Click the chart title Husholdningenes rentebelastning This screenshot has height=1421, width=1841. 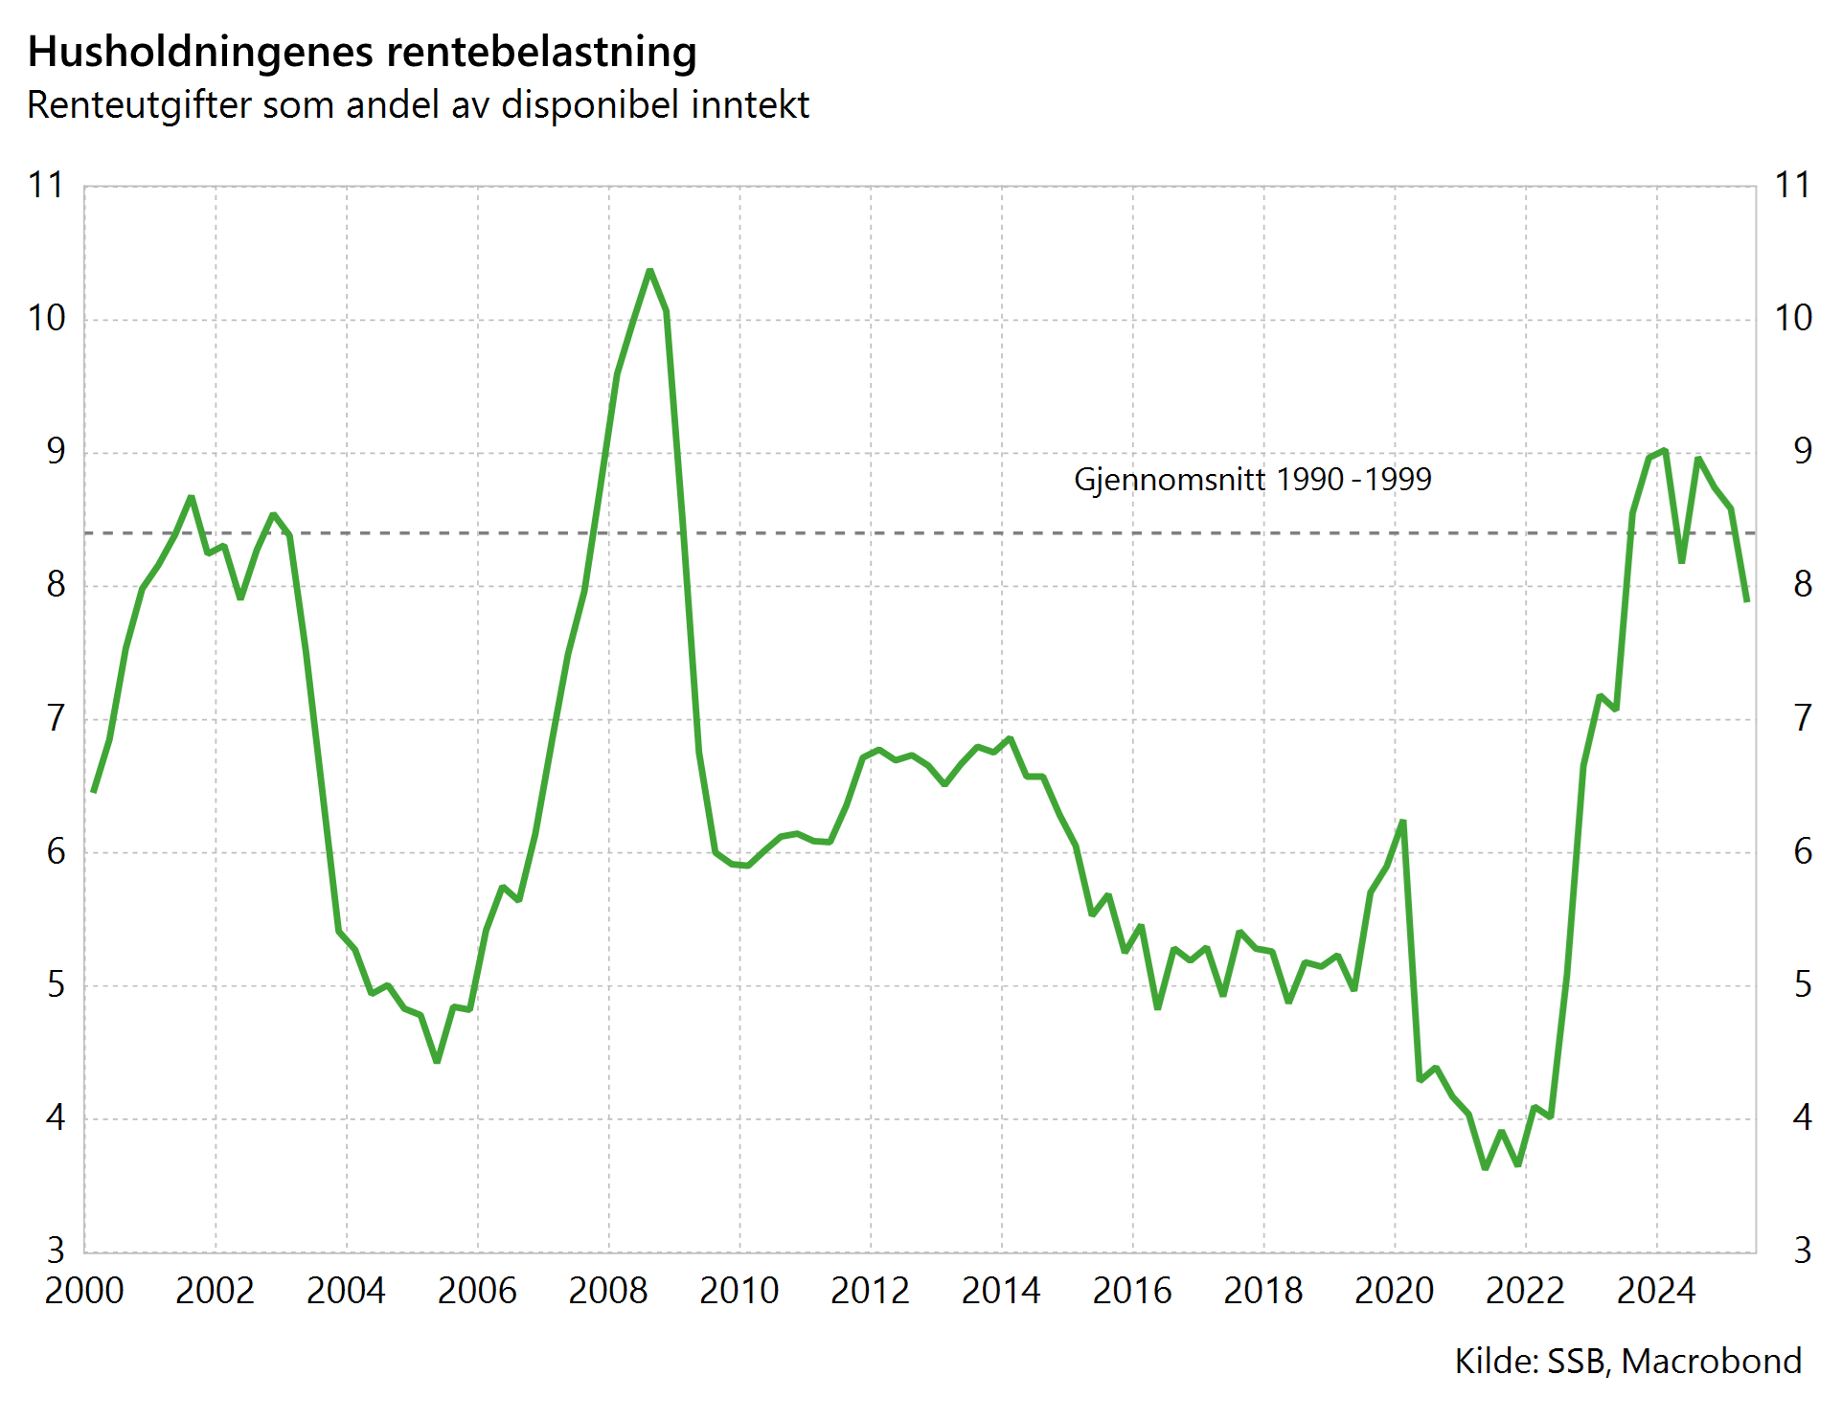(362, 52)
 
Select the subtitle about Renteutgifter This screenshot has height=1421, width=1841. (418, 104)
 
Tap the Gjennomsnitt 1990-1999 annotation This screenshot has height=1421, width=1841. (1252, 479)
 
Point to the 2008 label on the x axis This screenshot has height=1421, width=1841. (607, 1291)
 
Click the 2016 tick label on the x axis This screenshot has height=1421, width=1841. (1131, 1291)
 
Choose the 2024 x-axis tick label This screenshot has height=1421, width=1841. (1655, 1291)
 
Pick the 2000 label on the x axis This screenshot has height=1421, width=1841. (84, 1291)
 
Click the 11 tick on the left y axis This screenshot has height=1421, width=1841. (46, 185)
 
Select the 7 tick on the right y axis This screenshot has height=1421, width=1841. (1803, 717)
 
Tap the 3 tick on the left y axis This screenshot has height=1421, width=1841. (56, 1251)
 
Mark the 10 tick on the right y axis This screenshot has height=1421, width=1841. (1793, 318)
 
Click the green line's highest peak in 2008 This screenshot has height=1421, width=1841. (649, 271)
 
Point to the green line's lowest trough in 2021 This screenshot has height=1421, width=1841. (1485, 1168)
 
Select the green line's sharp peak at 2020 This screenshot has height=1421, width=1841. (1402, 822)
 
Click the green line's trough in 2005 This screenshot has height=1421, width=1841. (437, 1061)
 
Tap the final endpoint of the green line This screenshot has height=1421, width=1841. (1747, 600)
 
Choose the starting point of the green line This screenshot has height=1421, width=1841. (93, 791)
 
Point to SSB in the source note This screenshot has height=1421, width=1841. (1578, 1361)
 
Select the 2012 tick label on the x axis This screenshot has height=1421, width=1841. (870, 1291)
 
